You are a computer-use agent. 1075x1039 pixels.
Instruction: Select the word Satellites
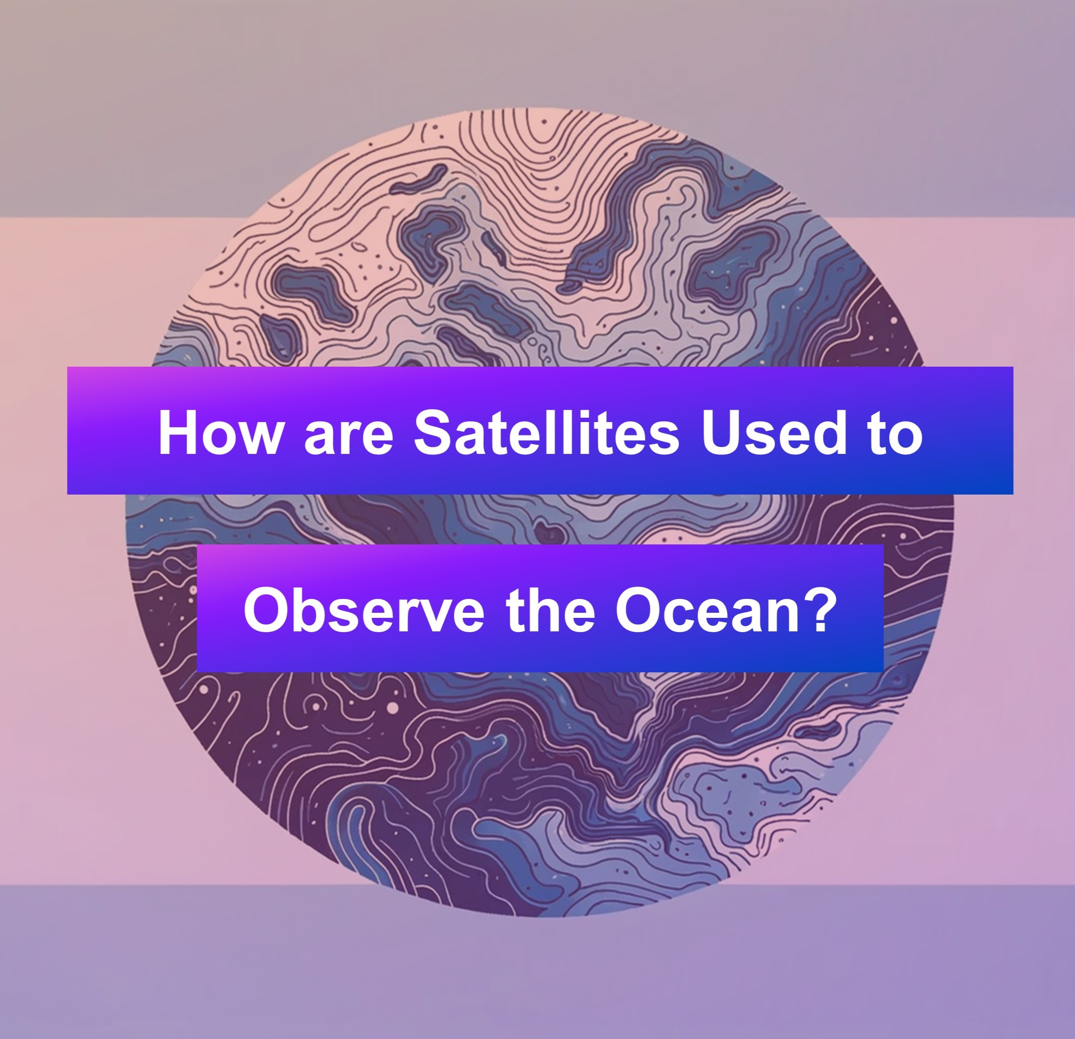pos(547,431)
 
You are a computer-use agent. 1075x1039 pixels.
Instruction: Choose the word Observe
pos(364,610)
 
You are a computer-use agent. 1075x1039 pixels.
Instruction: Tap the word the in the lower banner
pos(551,610)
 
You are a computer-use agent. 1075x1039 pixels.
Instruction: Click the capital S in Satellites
pos(435,431)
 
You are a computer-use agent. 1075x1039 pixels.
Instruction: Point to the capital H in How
pos(178,432)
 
